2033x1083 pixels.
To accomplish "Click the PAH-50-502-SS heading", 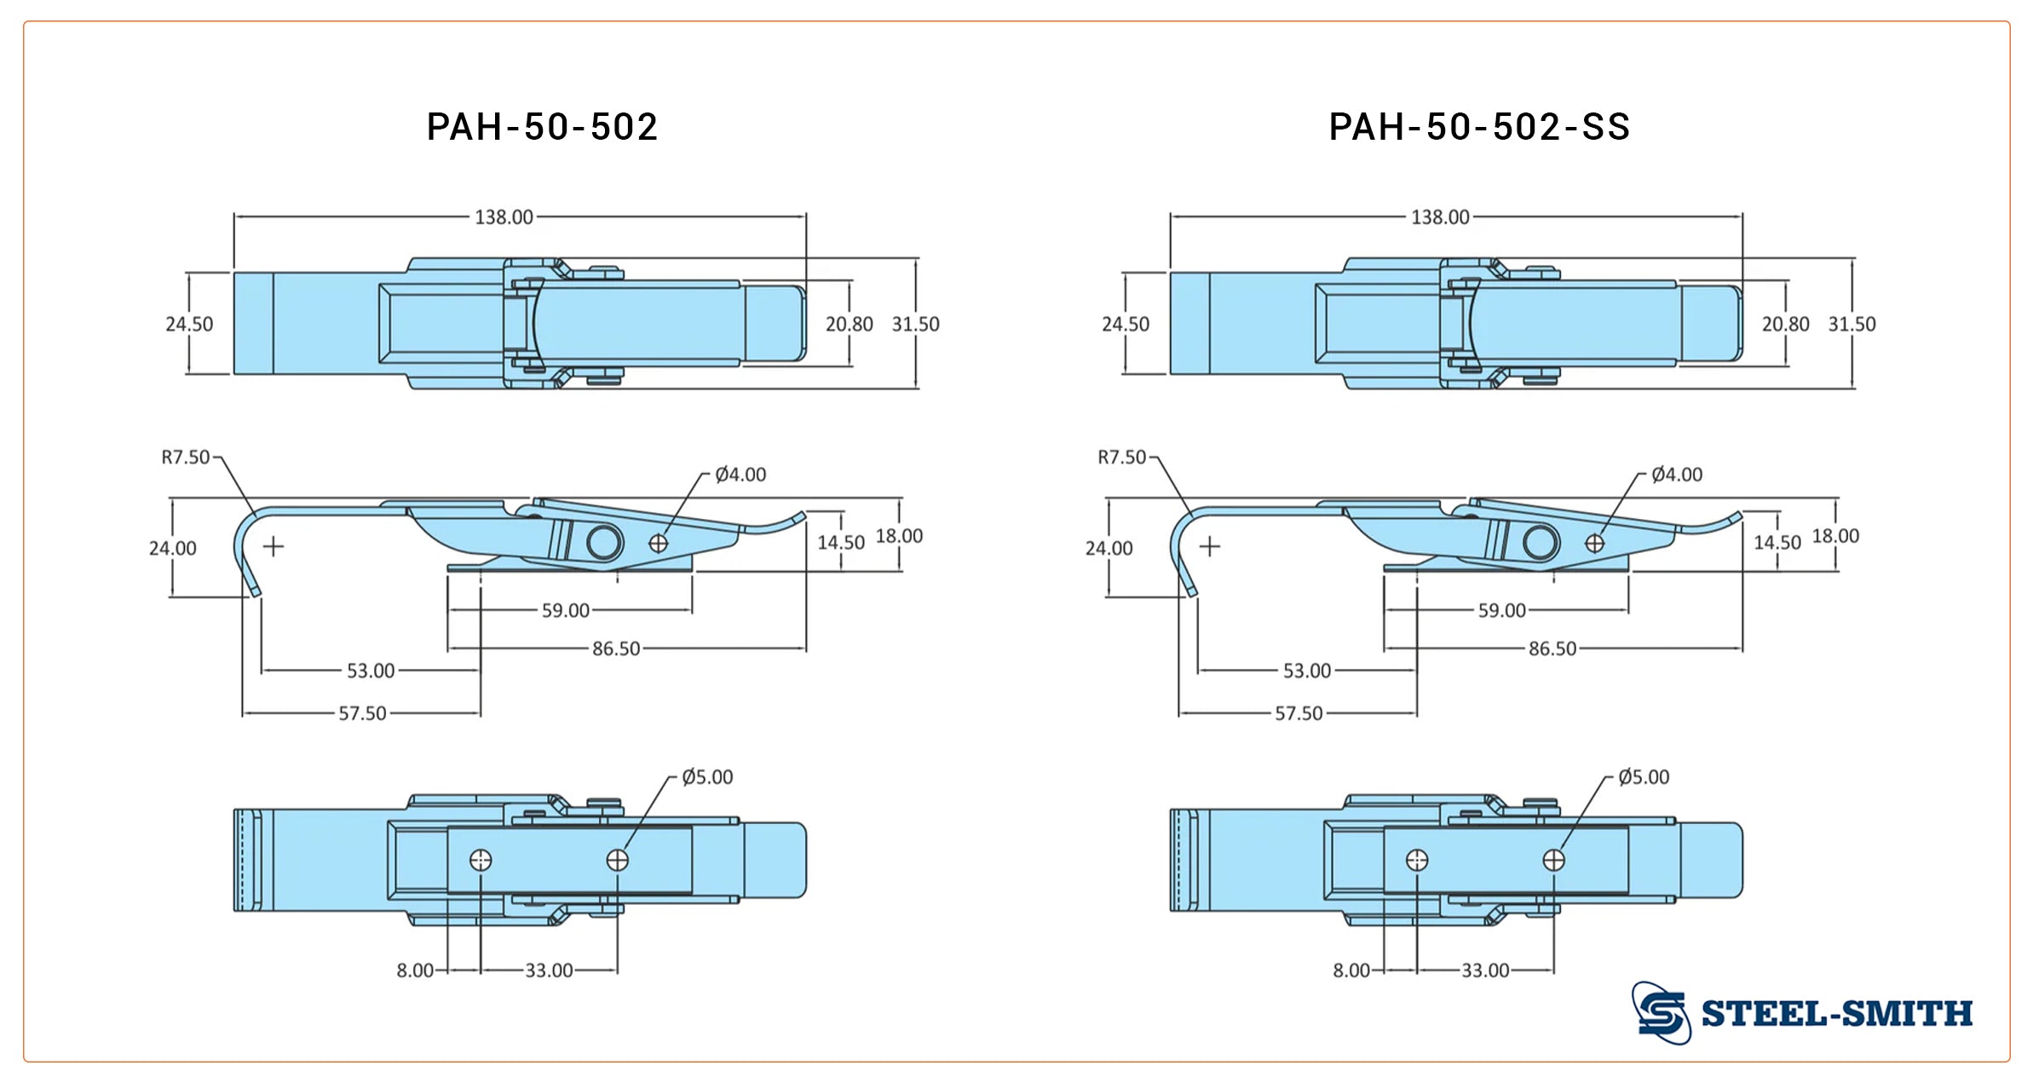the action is [x=1479, y=127].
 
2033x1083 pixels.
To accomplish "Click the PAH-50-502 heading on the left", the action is [x=542, y=127].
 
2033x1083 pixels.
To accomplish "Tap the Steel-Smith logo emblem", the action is [x=1662, y=1013].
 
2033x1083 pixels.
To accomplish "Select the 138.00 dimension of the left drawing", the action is [x=504, y=217].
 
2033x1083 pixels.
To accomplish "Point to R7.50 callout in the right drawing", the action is [x=1121, y=458].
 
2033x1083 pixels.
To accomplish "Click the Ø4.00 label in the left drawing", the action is [x=740, y=475].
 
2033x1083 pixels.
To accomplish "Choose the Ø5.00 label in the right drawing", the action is [x=1644, y=777].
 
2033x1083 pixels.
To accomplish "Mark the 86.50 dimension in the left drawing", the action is [x=616, y=649].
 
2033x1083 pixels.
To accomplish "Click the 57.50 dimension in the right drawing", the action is [x=1299, y=714].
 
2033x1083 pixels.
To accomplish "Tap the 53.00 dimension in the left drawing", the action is [x=371, y=671].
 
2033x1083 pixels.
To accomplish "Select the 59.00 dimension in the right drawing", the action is [x=1502, y=611].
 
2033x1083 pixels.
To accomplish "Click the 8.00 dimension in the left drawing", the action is [x=415, y=971].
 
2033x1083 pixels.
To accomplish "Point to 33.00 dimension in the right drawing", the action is [x=1485, y=971].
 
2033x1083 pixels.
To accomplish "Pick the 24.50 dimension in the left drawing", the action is [x=189, y=325].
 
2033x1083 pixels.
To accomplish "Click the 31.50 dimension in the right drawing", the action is [x=1852, y=325].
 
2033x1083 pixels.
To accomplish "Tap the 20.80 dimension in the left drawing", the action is [x=849, y=325].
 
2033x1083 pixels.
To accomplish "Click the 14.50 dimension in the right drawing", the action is [x=1777, y=543].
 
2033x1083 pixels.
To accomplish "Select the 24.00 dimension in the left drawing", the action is [x=173, y=549].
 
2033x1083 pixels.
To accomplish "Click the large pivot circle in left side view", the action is [x=604, y=542].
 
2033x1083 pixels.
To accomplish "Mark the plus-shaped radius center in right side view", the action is [x=1210, y=546].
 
